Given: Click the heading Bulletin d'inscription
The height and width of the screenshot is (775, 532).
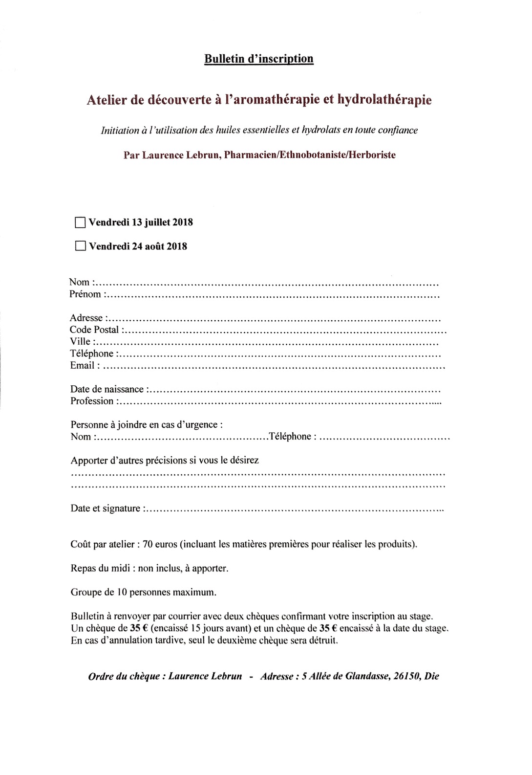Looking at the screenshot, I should (x=259, y=59).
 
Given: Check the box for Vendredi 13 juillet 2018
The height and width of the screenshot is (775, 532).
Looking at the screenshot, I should (x=81, y=222).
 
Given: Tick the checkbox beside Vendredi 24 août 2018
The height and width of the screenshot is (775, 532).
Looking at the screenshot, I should (x=81, y=246).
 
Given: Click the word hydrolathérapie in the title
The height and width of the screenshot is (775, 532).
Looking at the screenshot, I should (x=383, y=100).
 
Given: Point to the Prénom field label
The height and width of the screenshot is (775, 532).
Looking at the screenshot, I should (x=85, y=294).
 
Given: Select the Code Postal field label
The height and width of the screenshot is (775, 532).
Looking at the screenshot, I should (x=94, y=330).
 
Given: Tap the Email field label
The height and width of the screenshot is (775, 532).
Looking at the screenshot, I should (x=82, y=365).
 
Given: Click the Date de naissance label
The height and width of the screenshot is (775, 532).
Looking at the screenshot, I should (x=107, y=389).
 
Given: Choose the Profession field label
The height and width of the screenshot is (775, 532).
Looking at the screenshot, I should (x=92, y=401).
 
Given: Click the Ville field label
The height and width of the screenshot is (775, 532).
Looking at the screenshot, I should (x=80, y=342).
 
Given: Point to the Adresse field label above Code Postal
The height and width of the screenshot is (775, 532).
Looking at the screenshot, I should (x=86, y=318).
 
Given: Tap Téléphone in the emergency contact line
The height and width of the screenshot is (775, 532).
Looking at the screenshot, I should (x=290, y=436).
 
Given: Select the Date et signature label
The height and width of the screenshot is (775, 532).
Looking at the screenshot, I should (x=106, y=509).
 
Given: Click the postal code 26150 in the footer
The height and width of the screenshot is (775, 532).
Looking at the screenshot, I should (x=406, y=677).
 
